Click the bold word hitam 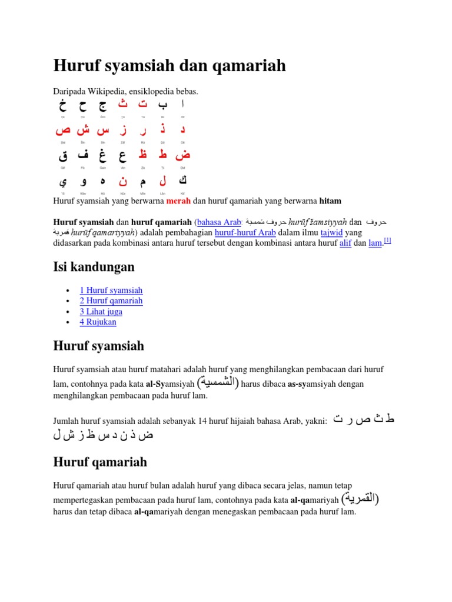pyautogui.click(x=330, y=201)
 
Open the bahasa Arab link pyautogui.click(x=220, y=223)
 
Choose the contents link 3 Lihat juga pyautogui.click(x=101, y=312)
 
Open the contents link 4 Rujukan pyautogui.click(x=98, y=322)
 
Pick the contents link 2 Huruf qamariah pyautogui.click(x=111, y=301)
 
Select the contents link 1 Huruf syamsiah pyautogui.click(x=111, y=290)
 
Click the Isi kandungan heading pyautogui.click(x=94, y=267)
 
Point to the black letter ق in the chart pyautogui.click(x=63, y=156)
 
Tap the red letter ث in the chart pyautogui.click(x=123, y=105)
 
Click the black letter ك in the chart pyautogui.click(x=182, y=181)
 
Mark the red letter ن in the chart pyautogui.click(x=123, y=182)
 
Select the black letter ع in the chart pyautogui.click(x=123, y=156)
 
